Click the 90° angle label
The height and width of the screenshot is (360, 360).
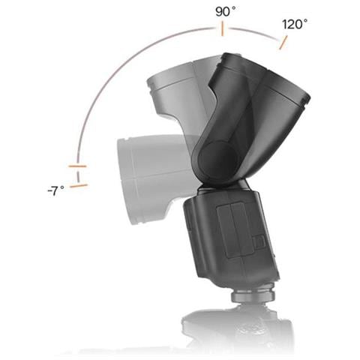(x=226, y=11)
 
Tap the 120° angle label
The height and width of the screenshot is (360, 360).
(x=295, y=24)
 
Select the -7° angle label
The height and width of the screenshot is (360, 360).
(x=56, y=190)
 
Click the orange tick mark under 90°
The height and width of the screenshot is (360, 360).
(x=222, y=28)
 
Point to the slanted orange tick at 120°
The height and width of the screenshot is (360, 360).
(x=283, y=43)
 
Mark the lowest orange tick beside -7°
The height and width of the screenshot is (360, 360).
(x=79, y=186)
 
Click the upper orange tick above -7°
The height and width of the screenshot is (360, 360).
(x=77, y=166)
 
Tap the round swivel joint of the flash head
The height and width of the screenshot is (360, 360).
(x=217, y=160)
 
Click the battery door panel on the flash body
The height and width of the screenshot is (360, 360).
(x=235, y=230)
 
